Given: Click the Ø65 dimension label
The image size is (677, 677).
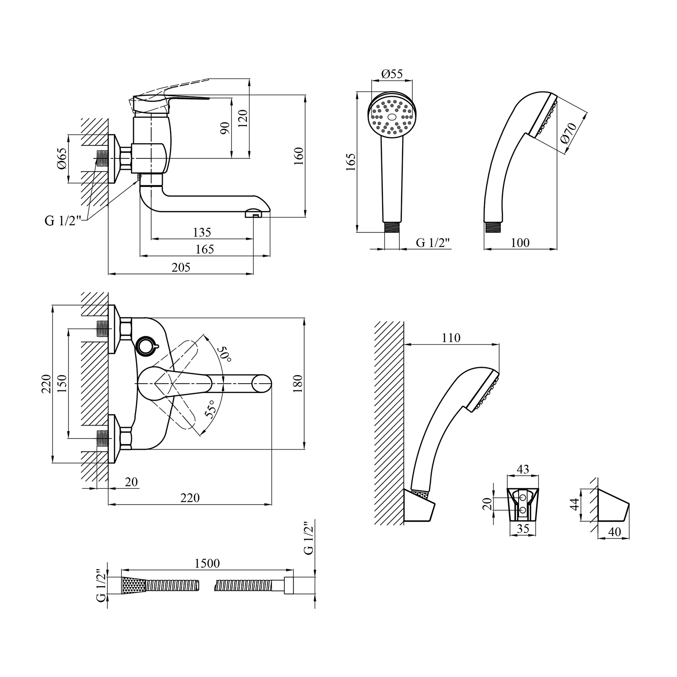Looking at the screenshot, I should (x=62, y=159).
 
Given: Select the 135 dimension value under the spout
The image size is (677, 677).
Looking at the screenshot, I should (x=202, y=232).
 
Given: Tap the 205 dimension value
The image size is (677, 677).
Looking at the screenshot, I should (x=181, y=267).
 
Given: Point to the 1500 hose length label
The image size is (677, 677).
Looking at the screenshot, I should (x=207, y=563).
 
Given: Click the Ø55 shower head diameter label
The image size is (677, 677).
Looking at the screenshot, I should (x=392, y=74).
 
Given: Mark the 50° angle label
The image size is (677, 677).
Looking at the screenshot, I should (x=224, y=354).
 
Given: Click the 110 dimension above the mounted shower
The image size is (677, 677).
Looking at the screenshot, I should (x=451, y=338).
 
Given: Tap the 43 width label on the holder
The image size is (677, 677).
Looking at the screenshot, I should (x=523, y=469).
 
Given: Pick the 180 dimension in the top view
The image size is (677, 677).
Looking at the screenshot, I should (x=298, y=384).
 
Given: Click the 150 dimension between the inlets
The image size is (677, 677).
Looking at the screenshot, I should (x=62, y=383).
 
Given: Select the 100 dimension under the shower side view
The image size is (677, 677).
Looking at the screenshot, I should (x=520, y=242).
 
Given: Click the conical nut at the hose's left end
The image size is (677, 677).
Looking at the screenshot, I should (x=134, y=585).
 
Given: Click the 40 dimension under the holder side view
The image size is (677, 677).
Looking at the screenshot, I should (x=614, y=532).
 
